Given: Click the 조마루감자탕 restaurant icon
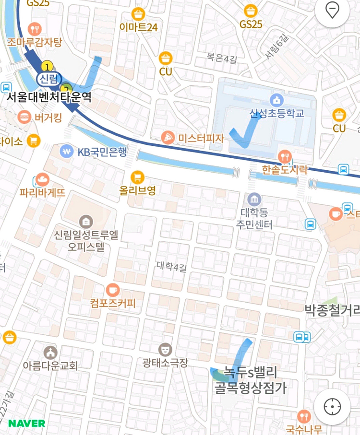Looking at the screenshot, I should [x=34, y=28].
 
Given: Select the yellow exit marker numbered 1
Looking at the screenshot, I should [x=47, y=66].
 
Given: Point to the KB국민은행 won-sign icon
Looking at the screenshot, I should [x=66, y=151].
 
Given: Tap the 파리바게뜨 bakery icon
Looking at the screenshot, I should [x=42, y=180].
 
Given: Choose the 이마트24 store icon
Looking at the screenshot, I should [x=139, y=13].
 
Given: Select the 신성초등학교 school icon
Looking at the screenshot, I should [x=276, y=100].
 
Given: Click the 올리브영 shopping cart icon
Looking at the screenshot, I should [x=138, y=176].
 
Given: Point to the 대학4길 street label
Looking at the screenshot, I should [x=171, y=265].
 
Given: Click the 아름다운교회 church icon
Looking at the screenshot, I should [x=50, y=352].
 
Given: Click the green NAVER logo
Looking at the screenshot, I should [x=26, y=423].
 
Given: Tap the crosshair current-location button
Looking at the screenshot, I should [x=332, y=406].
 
